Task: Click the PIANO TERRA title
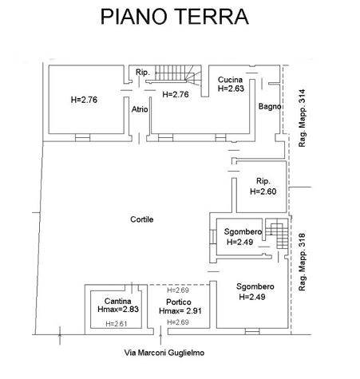click(175, 17)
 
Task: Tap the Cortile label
click(142, 219)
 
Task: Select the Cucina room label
click(230, 80)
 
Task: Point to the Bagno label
click(270, 107)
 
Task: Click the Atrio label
click(140, 109)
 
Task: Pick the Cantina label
click(118, 301)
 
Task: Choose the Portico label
click(179, 302)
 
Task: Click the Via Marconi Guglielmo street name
click(164, 353)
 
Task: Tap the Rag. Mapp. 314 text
click(302, 118)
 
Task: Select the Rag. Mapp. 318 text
click(302, 263)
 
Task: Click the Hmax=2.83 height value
click(118, 310)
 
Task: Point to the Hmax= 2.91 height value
click(180, 310)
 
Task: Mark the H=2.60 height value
click(263, 191)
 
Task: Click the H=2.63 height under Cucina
click(231, 89)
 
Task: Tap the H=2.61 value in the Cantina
click(117, 324)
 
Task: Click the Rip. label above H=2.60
click(263, 181)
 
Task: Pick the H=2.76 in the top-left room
click(84, 100)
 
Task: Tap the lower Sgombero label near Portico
click(255, 286)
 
